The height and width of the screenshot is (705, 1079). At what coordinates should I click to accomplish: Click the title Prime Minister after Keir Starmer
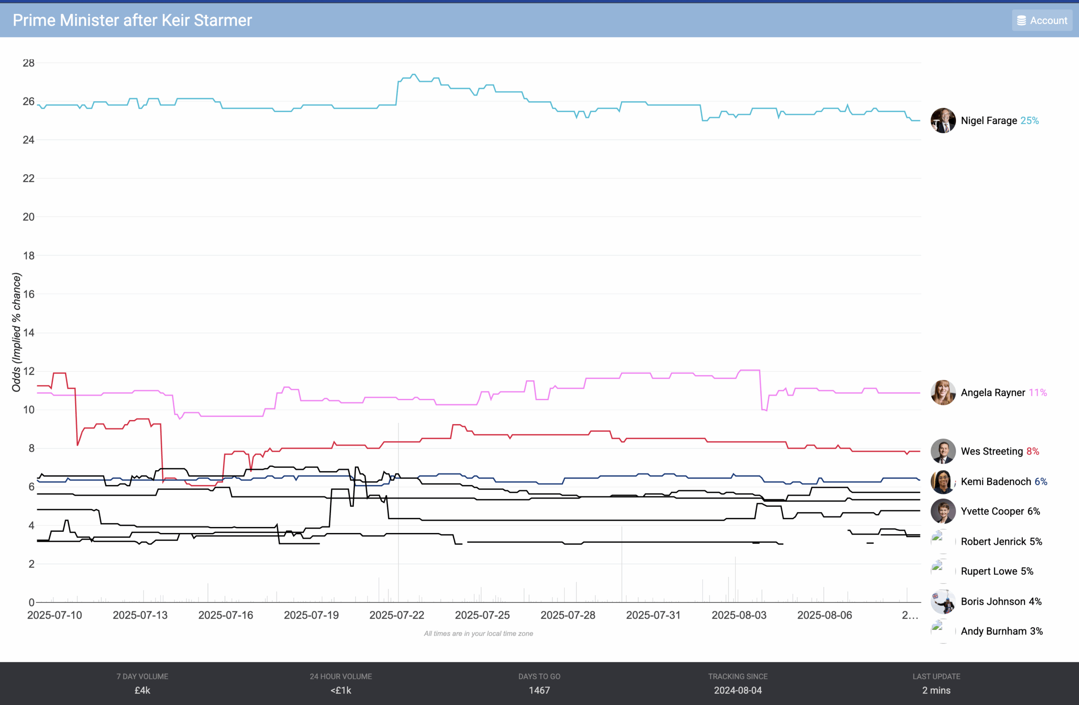click(x=132, y=20)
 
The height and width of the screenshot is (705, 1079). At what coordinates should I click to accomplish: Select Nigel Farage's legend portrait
click(x=942, y=121)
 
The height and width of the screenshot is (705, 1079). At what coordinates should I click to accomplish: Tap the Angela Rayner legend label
click(x=993, y=393)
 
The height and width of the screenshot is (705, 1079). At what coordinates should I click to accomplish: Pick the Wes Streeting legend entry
click(x=991, y=452)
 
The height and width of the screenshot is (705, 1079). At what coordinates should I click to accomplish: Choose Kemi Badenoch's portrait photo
click(x=942, y=482)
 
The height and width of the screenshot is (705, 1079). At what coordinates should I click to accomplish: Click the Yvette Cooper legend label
click(x=993, y=511)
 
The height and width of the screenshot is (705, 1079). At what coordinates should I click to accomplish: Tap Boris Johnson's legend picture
click(x=942, y=602)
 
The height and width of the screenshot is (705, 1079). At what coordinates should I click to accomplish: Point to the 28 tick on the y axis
click(x=29, y=63)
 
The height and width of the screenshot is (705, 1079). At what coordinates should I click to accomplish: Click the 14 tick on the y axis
click(x=29, y=333)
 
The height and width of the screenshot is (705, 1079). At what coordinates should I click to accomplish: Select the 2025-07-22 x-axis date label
click(x=397, y=616)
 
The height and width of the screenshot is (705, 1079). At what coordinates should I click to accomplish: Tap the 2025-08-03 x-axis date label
click(x=739, y=616)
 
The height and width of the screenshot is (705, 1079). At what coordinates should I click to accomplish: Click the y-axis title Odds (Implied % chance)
click(x=17, y=332)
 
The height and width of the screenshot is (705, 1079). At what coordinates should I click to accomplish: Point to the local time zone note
click(x=478, y=634)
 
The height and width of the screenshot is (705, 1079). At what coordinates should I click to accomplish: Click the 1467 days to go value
click(x=539, y=691)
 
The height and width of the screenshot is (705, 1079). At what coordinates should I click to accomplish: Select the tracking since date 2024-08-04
click(x=738, y=691)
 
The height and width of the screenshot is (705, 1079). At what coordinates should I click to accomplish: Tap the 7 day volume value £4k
click(x=142, y=691)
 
